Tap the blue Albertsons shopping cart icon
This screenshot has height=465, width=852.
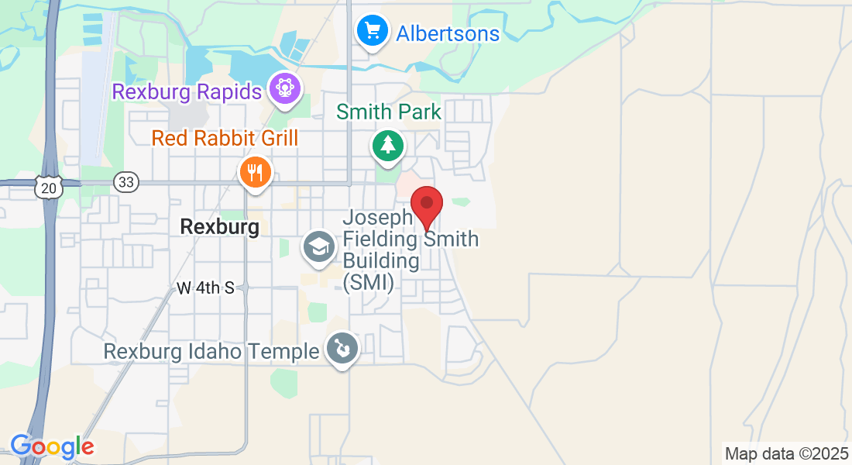tap(373, 31)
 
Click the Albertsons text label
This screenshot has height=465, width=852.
tap(448, 34)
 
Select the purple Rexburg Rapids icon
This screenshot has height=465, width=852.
tap(285, 88)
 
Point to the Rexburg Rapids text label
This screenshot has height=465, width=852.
tap(187, 92)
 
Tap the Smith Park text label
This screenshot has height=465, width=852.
tap(389, 112)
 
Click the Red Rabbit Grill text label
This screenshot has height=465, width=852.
tap(225, 139)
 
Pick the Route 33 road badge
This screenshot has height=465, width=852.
tap(125, 182)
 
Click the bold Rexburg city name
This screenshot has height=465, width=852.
tap(219, 227)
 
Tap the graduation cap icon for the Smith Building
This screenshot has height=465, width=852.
tap(318, 247)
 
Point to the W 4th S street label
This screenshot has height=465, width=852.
tap(205, 288)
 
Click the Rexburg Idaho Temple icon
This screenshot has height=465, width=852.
tap(342, 348)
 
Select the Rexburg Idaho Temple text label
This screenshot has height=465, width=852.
tap(211, 352)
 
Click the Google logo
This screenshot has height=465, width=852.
tap(52, 447)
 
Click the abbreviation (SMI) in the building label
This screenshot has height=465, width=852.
tap(368, 282)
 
